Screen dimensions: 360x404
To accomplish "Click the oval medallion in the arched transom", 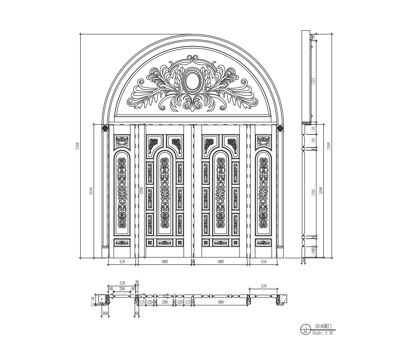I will pyautogui.click(x=192, y=81).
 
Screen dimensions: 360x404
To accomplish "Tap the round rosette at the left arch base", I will pyautogui.click(x=105, y=128).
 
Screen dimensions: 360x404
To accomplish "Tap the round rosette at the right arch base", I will pyautogui.click(x=280, y=128).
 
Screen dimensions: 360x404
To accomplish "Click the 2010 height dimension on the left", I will pyautogui.click(x=91, y=190).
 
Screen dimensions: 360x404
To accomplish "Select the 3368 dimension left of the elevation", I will pyautogui.click(x=77, y=146).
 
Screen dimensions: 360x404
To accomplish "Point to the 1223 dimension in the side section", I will pyautogui.click(x=313, y=81).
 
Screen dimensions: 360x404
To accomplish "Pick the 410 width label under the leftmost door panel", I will pyautogui.click(x=122, y=262).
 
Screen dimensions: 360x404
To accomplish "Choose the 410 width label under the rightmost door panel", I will pyautogui.click(x=263, y=262).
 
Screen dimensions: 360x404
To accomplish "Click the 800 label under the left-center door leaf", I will pyautogui.click(x=164, y=262).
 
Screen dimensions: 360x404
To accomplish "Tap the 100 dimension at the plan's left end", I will pyautogui.click(x=105, y=313).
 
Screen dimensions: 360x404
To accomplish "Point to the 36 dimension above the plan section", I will pyautogui.click(x=137, y=282).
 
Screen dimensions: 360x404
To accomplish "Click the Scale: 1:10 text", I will pyautogui.click(x=322, y=333).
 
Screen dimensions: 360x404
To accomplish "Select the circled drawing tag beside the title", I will pyautogui.click(x=305, y=329).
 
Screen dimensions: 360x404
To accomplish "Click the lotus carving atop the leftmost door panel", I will pyautogui.click(x=122, y=141).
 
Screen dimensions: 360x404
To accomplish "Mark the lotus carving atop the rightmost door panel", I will pyautogui.click(x=263, y=141).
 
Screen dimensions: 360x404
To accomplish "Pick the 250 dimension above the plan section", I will pyautogui.click(x=122, y=289).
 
